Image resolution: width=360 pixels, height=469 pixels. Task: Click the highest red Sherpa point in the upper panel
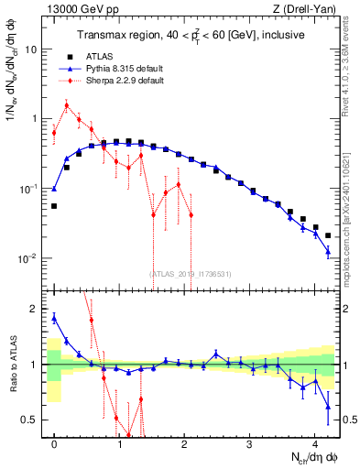66,105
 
